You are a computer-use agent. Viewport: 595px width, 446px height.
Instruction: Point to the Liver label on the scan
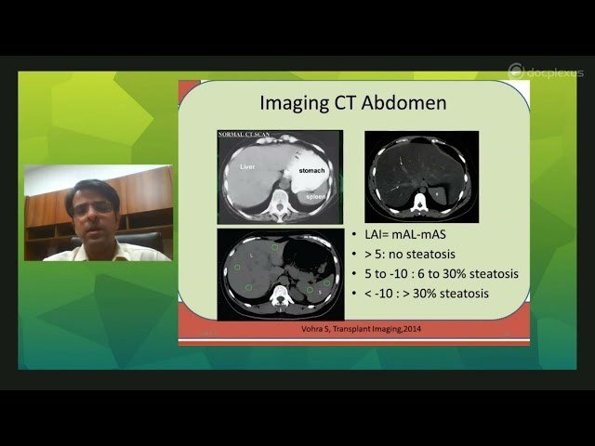[247, 167]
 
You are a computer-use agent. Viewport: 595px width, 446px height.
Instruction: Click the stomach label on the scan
[312, 172]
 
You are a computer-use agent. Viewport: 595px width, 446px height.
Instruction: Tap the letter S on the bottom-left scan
[322, 291]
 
